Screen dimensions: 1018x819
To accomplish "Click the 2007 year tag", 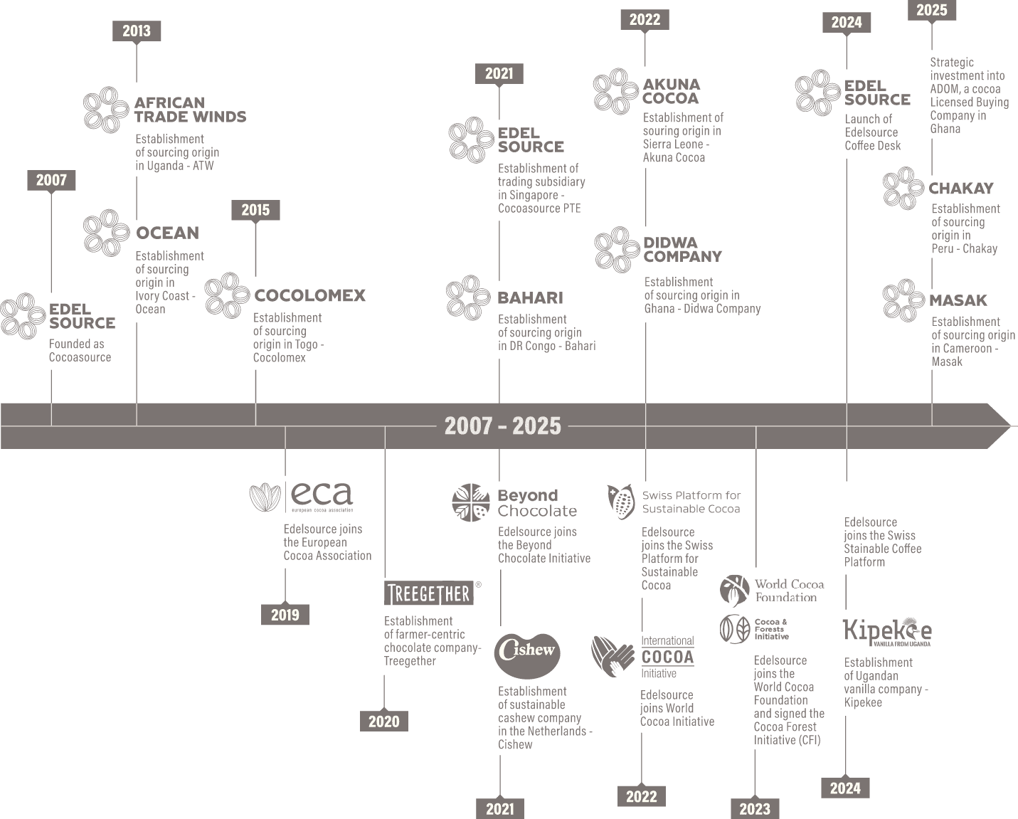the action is [51, 180].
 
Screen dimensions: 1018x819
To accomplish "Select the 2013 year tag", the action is [137, 31].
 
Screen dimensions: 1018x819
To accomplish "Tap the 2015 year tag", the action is [255, 210].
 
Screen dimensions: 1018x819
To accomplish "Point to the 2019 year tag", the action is [285, 615].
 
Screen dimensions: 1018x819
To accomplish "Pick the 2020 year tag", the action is [384, 721].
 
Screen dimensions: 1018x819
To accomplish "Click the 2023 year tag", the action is [755, 808].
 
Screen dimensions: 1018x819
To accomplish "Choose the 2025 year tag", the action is [932, 10].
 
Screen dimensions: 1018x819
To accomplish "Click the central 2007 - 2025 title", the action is [502, 426].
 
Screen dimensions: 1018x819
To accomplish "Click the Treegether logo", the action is [430, 593].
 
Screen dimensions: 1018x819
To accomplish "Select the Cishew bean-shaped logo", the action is [527, 656].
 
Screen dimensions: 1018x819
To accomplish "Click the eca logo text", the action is [322, 495].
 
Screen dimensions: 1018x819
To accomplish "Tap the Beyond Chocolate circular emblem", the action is [471, 502].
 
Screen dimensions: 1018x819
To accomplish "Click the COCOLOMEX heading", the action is [310, 296].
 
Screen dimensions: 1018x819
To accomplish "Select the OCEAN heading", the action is [167, 233].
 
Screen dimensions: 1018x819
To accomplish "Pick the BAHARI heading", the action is [530, 298].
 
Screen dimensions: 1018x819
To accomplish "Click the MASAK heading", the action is [958, 300].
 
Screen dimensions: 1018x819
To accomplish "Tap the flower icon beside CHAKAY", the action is [903, 188].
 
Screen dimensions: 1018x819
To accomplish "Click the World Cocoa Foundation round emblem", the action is [735, 590].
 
